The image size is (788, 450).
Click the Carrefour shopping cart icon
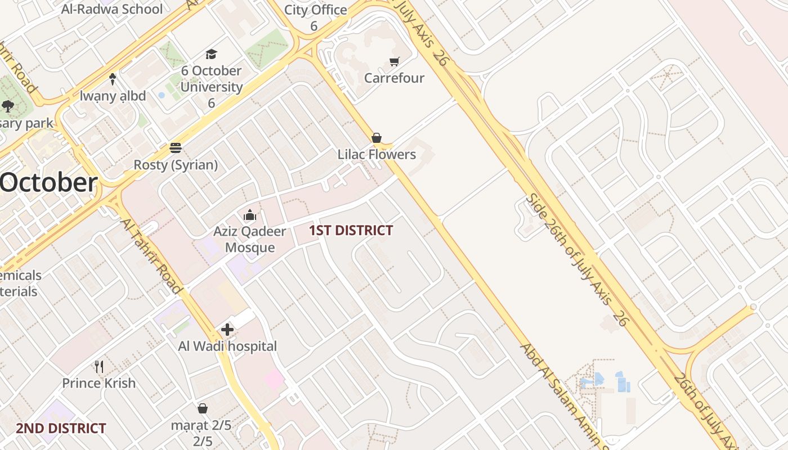coord(395,61)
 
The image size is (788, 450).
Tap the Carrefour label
coord(394,78)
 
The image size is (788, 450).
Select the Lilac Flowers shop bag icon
coord(377,138)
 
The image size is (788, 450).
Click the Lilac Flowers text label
coord(377,154)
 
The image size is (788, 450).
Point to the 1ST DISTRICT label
coord(351,230)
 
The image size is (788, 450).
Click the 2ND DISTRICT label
coord(61,428)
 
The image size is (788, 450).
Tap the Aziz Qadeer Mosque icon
coord(250,215)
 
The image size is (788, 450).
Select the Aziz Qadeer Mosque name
coord(250,239)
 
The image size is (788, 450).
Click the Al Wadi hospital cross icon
coord(227,330)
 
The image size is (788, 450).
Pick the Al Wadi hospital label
coord(227,346)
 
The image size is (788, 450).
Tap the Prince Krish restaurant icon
coord(99,367)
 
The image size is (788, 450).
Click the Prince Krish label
coord(99,383)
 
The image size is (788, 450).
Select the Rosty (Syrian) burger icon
coord(176,148)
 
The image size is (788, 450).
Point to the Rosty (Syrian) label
coord(176,165)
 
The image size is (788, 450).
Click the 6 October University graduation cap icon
coord(211,54)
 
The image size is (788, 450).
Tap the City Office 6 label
coord(315,17)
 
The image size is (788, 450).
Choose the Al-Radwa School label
coord(112,9)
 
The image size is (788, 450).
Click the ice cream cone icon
coord(113,79)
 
